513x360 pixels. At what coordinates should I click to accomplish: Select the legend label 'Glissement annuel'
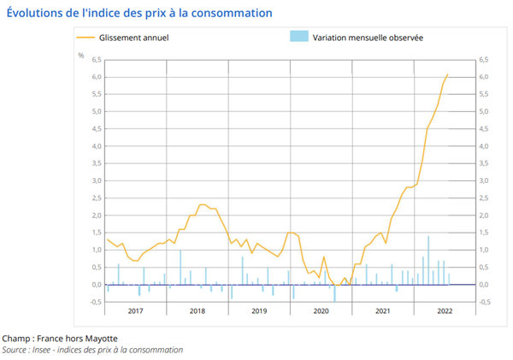pyautogui.click(x=133, y=37)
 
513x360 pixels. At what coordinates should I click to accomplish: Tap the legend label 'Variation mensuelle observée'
pyautogui.click(x=369, y=37)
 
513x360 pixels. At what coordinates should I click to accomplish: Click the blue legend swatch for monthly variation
pyautogui.click(x=298, y=37)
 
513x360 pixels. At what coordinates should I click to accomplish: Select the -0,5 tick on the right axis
pyautogui.click(x=484, y=301)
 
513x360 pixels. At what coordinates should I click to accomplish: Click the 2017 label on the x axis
pyautogui.click(x=135, y=311)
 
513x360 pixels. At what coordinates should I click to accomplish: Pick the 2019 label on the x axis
pyautogui.click(x=259, y=311)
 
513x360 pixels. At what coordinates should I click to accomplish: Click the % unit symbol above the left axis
pyautogui.click(x=81, y=55)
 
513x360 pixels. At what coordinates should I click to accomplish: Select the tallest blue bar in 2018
pyautogui.click(x=180, y=267)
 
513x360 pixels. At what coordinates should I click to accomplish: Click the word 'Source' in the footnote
pyautogui.click(x=15, y=350)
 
